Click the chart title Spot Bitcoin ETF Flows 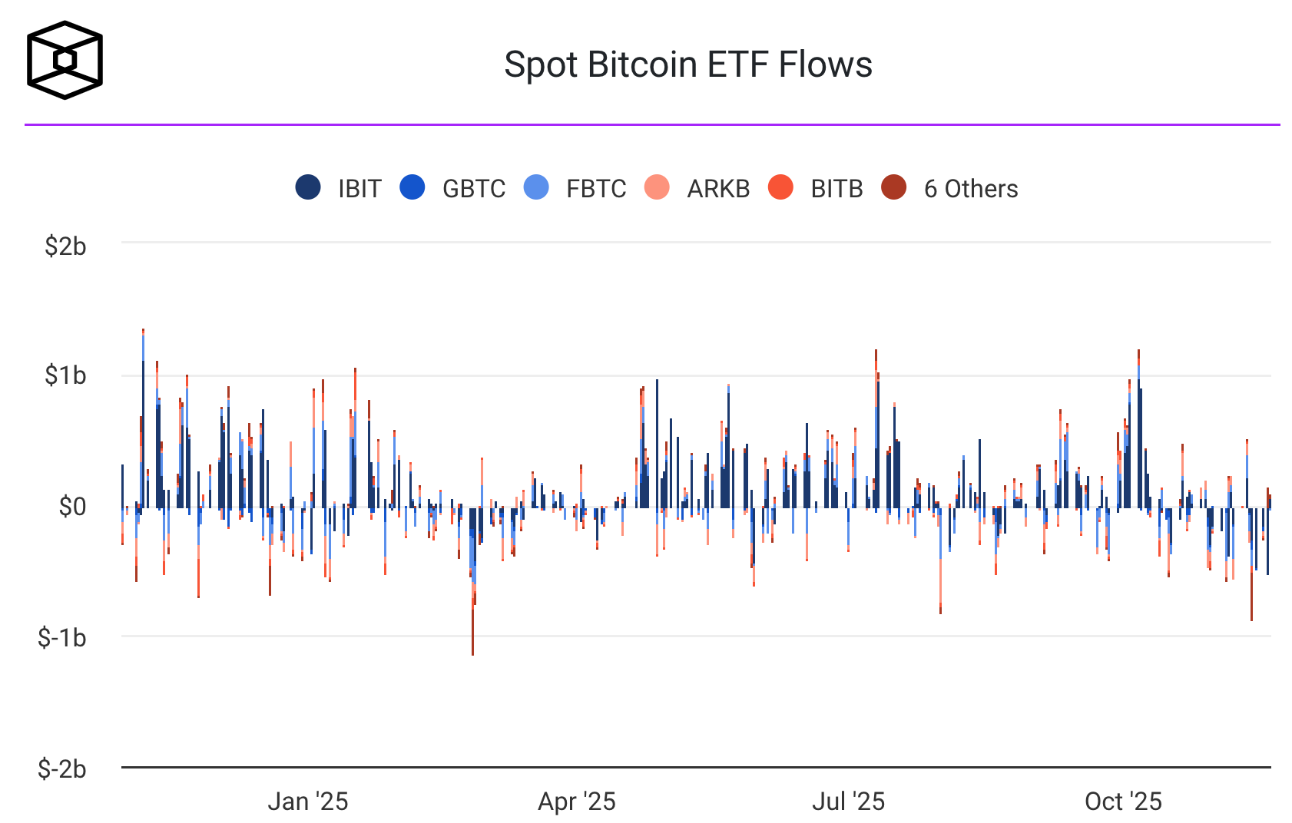coord(687,64)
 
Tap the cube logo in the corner coord(65,60)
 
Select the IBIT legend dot coord(308,187)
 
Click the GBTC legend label coord(473,189)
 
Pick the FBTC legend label coord(596,189)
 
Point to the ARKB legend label coord(718,189)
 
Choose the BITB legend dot coord(780,187)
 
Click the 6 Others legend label coord(971,189)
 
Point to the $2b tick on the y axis coord(65,246)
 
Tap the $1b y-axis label coord(65,375)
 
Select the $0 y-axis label coord(73,507)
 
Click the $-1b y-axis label coord(62,637)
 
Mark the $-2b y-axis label coord(62,768)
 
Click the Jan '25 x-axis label coord(307,802)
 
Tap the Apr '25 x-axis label coord(577,802)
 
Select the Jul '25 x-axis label coord(848,802)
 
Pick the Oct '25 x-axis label coord(1123,802)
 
